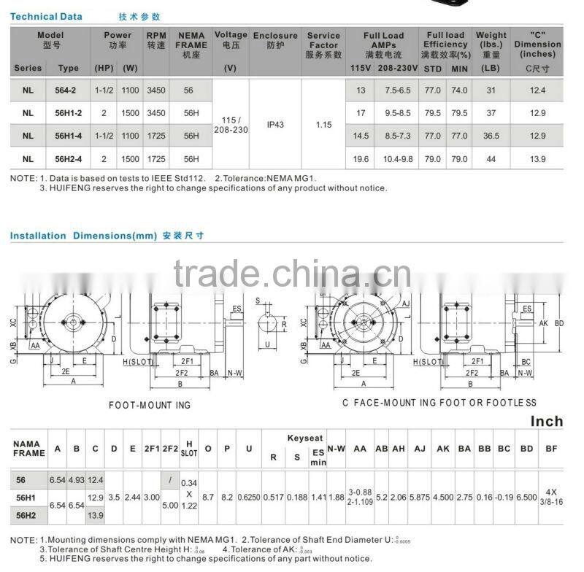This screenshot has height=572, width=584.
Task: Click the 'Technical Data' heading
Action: tap(46, 16)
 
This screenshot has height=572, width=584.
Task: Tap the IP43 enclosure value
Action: tap(275, 125)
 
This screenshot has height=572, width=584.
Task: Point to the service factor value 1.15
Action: tap(323, 125)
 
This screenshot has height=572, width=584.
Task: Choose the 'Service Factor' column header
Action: tap(323, 45)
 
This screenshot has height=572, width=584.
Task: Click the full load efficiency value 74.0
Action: tap(459, 90)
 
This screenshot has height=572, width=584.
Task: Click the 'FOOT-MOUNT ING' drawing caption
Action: tap(150, 404)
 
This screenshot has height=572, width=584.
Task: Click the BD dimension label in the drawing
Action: tap(559, 322)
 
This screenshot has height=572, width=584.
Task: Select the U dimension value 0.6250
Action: tap(249, 496)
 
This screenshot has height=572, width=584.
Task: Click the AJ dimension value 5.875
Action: tap(419, 496)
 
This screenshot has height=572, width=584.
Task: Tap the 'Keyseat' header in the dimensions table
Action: tap(304, 438)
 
